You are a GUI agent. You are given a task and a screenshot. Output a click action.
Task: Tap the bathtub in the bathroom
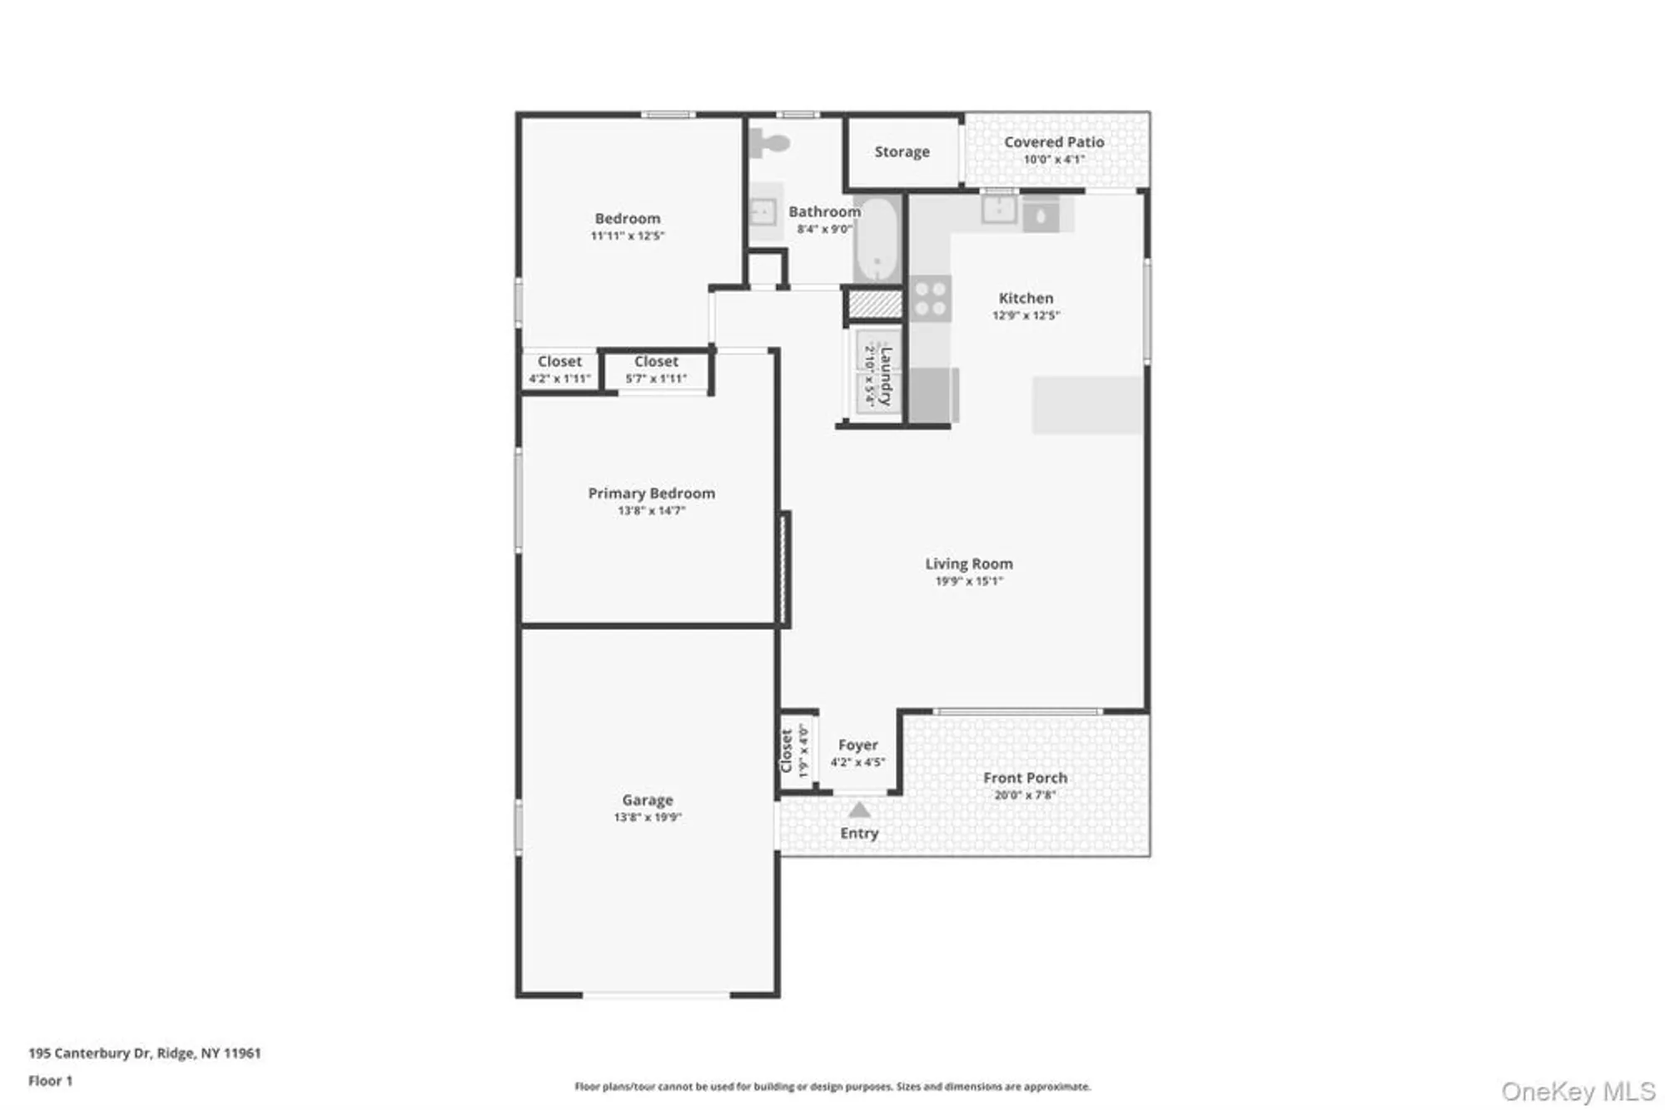click(877, 240)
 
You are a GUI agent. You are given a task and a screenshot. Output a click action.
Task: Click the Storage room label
click(902, 151)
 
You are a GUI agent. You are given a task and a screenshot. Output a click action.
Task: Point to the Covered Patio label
click(1054, 142)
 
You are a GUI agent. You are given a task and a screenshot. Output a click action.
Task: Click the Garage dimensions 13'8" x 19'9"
click(648, 818)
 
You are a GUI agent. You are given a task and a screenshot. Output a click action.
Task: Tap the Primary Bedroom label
click(651, 493)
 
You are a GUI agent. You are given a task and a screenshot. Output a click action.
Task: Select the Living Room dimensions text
click(969, 582)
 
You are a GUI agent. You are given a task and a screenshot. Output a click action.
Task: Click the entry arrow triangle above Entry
click(859, 810)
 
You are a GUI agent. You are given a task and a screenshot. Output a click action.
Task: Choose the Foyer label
click(857, 745)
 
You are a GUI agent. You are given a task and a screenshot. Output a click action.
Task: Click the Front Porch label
click(1025, 778)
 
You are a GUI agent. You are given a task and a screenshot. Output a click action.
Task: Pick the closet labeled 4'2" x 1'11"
click(559, 369)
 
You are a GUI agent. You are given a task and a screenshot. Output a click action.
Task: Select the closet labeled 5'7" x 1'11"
click(656, 369)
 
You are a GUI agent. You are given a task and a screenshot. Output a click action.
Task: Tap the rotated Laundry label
click(885, 376)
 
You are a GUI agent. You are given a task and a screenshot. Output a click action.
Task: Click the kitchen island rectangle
click(1086, 404)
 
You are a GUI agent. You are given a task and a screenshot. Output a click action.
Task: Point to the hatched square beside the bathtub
click(875, 304)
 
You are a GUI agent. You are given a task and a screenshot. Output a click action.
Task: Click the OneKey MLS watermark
click(1578, 1091)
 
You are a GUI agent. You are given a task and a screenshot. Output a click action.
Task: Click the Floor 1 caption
click(50, 1081)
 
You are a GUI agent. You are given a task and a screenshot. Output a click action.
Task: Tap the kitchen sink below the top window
click(998, 211)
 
